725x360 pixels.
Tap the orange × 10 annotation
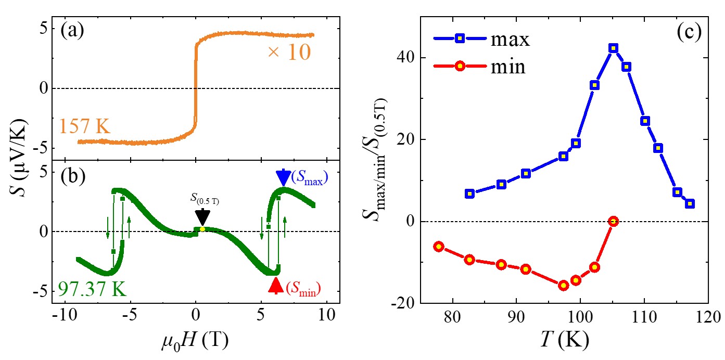tap(289, 53)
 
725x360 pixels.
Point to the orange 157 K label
tap(85, 126)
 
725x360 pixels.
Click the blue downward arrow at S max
tap(283, 178)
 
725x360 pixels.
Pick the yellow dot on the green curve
tap(202, 229)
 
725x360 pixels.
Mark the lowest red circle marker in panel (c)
tap(563, 285)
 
